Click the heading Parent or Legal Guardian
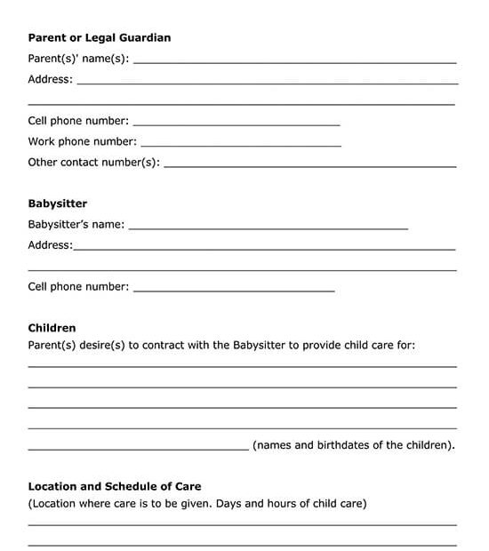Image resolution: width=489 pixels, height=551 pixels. (x=99, y=38)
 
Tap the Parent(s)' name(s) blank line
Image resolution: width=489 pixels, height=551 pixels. (x=294, y=62)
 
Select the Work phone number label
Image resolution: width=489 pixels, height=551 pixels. (x=82, y=141)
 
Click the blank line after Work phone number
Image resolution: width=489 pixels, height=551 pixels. (x=241, y=146)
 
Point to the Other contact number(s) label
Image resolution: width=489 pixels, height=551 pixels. (x=93, y=163)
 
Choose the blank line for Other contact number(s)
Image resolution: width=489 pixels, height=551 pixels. (x=310, y=166)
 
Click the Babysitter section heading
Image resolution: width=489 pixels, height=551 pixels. (x=58, y=204)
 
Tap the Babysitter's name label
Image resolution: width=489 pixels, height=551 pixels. (x=76, y=225)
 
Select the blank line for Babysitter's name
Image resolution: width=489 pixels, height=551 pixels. (x=269, y=229)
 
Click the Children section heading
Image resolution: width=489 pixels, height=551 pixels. (x=52, y=328)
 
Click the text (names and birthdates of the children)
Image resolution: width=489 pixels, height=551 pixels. (x=354, y=445)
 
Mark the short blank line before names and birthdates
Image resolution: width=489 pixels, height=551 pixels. (x=138, y=450)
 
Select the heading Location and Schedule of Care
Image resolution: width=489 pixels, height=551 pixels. (x=115, y=486)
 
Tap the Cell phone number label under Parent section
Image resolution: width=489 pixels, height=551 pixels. (x=78, y=121)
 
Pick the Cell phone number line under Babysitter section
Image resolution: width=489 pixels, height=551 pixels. (x=234, y=291)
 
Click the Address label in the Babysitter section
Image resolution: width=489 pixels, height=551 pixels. (x=50, y=245)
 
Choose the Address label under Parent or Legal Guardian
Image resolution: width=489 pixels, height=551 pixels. (x=50, y=79)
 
